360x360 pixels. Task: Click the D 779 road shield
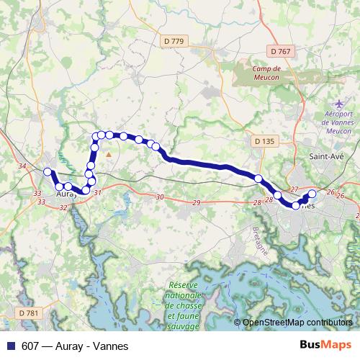[174, 41]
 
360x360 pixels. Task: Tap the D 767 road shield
[282, 51]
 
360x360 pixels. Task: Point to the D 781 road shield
[28, 312]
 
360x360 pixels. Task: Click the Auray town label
[66, 194]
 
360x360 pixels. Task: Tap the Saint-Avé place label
[325, 156]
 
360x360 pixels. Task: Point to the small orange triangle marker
[109, 153]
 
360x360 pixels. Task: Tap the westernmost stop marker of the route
[48, 172]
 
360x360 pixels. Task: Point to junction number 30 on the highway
[159, 197]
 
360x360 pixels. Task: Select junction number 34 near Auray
[22, 167]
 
